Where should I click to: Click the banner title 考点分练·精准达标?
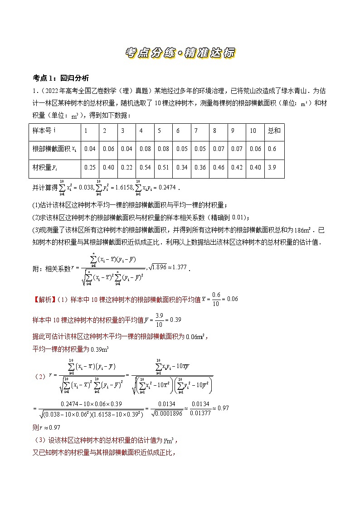180,53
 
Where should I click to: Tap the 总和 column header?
274,131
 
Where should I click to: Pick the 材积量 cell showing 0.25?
90,167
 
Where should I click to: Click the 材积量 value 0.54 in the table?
145,167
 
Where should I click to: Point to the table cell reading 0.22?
126,167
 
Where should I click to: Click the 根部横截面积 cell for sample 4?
145,149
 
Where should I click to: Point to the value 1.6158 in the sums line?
119,187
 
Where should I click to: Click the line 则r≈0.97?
47,427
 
